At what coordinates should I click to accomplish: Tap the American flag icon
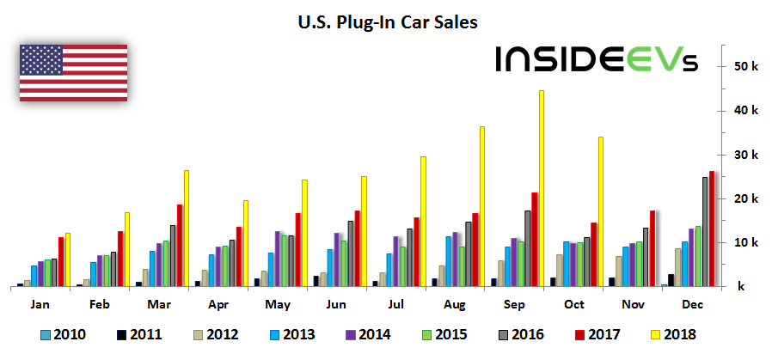[x=73, y=72]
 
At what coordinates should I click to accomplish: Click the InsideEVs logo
[x=597, y=59]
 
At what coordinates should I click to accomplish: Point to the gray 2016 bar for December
[x=705, y=231]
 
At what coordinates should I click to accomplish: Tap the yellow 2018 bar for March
[x=186, y=228]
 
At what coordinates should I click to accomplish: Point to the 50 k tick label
[x=744, y=67]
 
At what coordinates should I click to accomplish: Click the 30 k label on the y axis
[x=744, y=155]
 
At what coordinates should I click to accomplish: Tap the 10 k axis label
[x=744, y=242]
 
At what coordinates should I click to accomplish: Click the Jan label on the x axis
[x=40, y=303]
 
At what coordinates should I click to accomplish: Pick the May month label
[x=278, y=303]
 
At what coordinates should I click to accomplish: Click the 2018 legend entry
[x=671, y=334]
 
